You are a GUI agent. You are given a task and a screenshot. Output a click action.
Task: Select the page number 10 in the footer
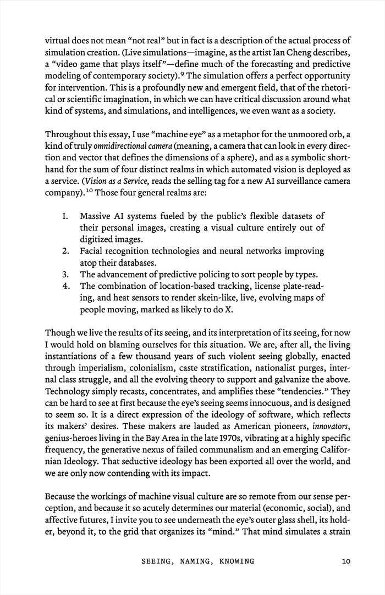click(346, 561)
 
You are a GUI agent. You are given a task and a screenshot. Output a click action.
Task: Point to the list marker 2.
click(65, 251)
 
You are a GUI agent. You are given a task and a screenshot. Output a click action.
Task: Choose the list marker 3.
click(65, 274)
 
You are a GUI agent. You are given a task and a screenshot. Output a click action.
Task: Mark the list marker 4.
click(65, 285)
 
